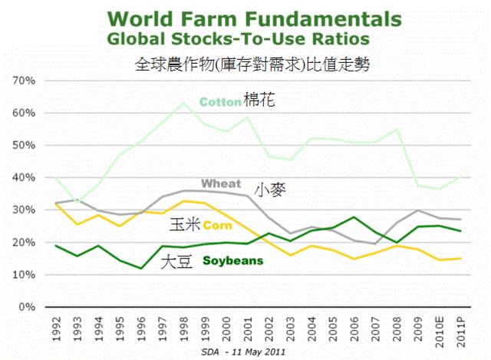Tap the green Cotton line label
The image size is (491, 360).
pyautogui.click(x=219, y=101)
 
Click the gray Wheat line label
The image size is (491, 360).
pyautogui.click(x=222, y=183)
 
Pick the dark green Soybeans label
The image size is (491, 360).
pyautogui.click(x=232, y=261)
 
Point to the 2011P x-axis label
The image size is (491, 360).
pyautogui.click(x=460, y=329)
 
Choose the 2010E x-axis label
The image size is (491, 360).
pyautogui.click(x=438, y=329)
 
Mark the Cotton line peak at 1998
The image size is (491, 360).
pyautogui.click(x=181, y=103)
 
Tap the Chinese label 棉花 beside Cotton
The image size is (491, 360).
pyautogui.click(x=259, y=100)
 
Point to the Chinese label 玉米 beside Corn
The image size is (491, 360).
pyautogui.click(x=184, y=225)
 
